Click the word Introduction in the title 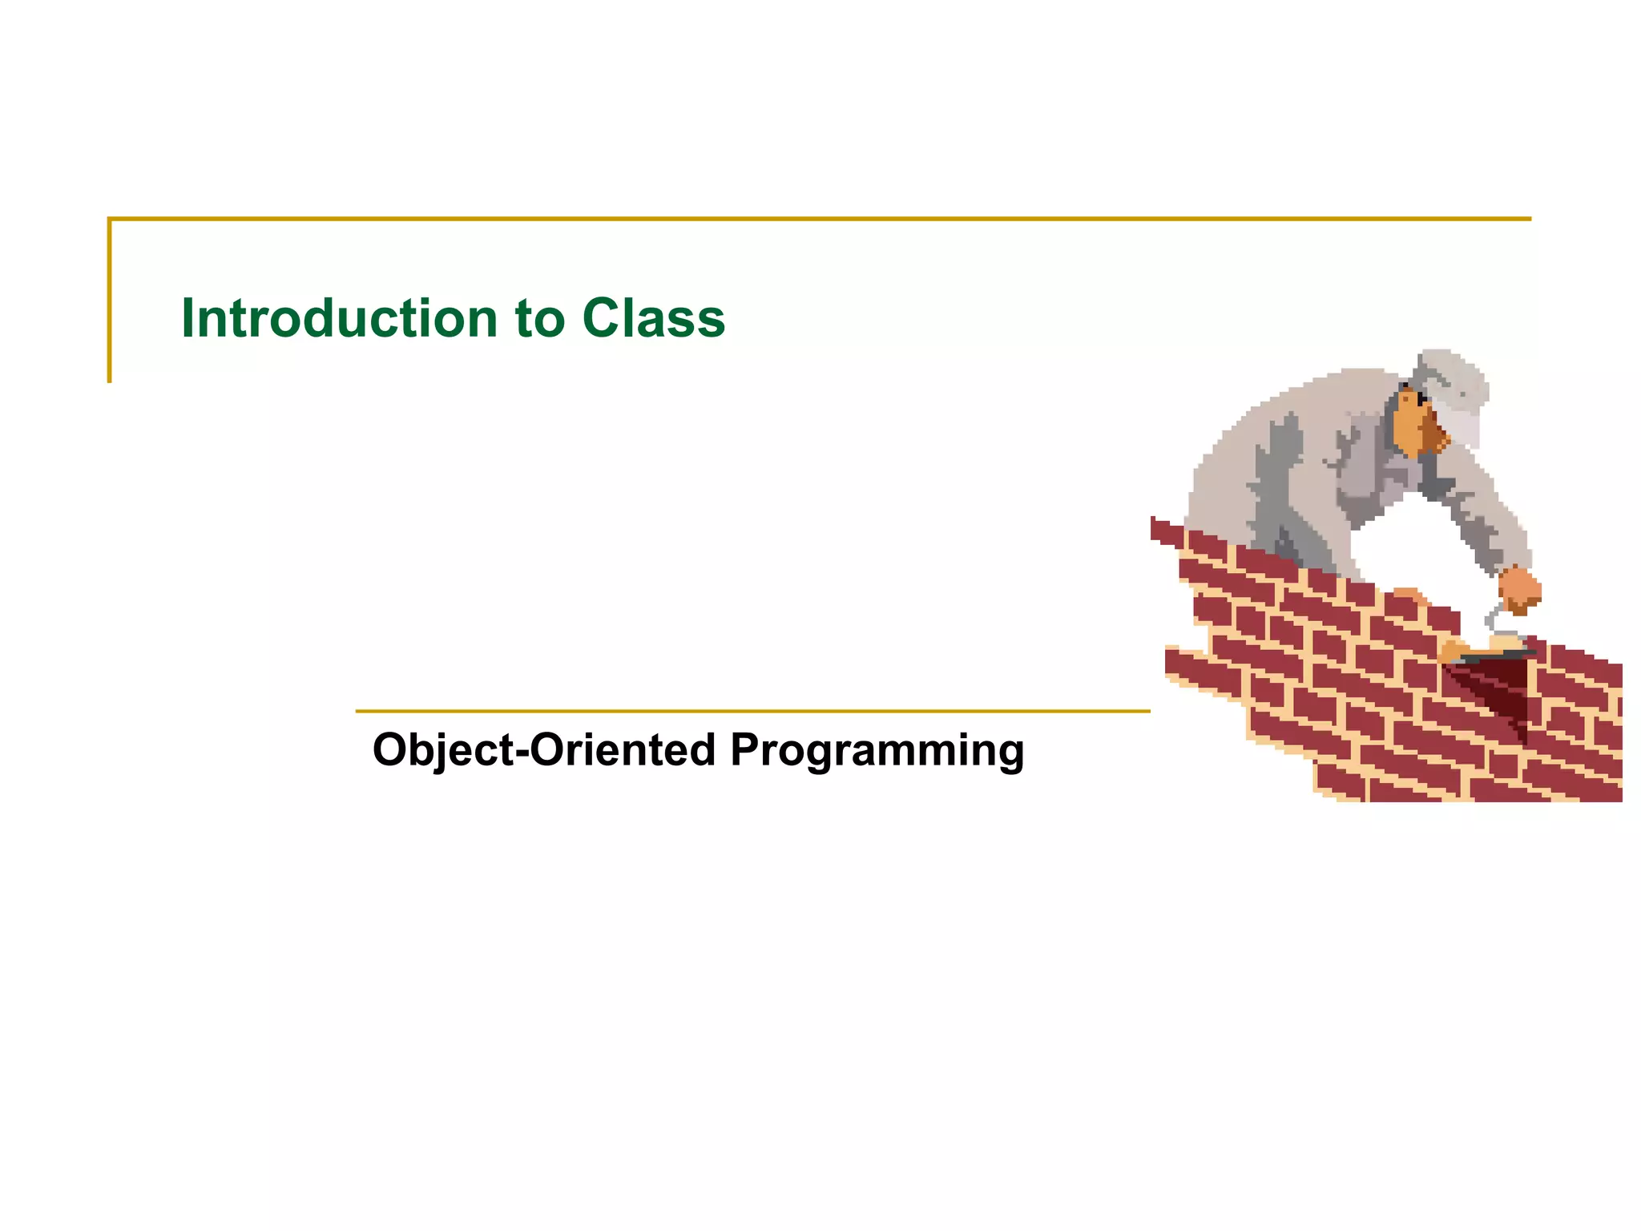click(340, 318)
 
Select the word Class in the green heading click(653, 318)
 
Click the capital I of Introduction click(188, 318)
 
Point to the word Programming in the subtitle click(877, 752)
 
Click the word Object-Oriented click(544, 750)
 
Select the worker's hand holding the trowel click(1519, 589)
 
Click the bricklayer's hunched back click(1266, 449)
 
